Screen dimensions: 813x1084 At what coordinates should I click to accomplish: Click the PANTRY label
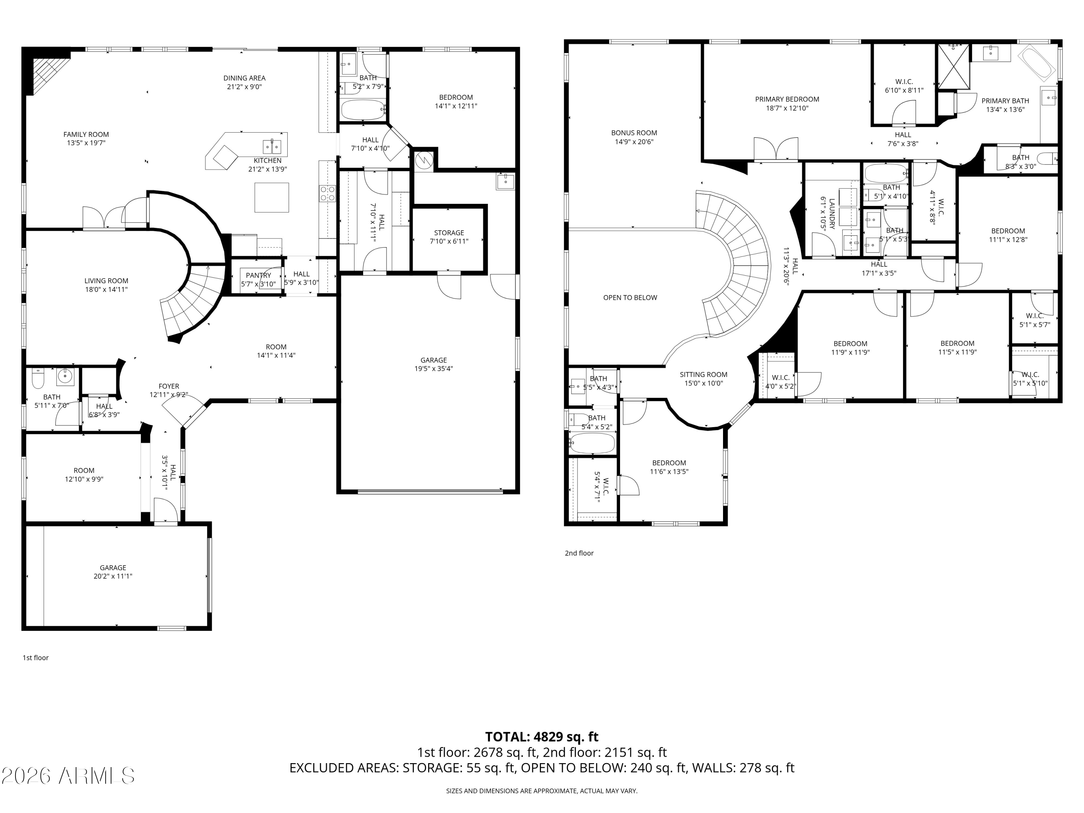pos(258,275)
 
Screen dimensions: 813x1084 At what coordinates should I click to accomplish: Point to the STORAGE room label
pos(448,233)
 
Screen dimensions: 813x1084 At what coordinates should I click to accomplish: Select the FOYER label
pos(169,386)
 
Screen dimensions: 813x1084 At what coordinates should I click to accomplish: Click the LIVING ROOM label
pos(106,281)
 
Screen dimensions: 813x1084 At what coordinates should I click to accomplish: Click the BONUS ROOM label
pos(634,133)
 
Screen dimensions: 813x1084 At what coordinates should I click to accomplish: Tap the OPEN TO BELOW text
pos(630,297)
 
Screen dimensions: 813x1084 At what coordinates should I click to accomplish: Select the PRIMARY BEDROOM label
pos(787,99)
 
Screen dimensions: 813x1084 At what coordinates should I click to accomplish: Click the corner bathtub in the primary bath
pos(1037,63)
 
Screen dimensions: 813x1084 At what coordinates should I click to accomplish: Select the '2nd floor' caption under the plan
pos(579,553)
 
